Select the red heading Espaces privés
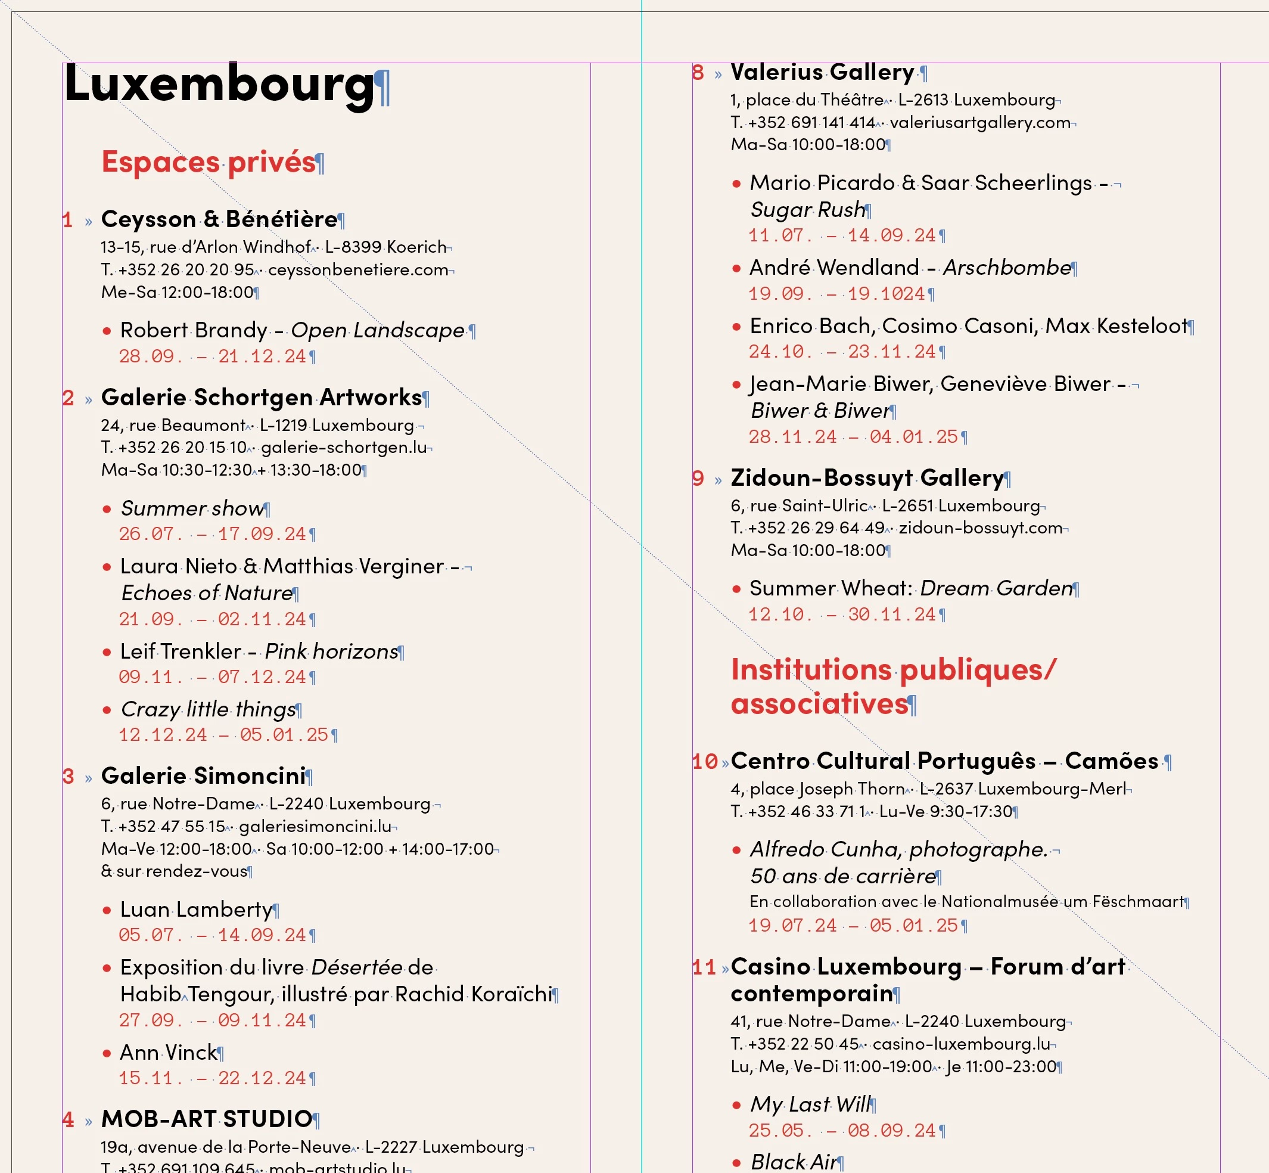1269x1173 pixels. [209, 162]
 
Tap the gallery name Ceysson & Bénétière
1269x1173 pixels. [219, 219]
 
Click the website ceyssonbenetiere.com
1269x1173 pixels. [358, 270]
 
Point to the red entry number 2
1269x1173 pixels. [69, 399]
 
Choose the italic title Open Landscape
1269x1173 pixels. [378, 331]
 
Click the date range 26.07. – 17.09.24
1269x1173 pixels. [213, 535]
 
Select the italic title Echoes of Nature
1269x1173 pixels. [207, 594]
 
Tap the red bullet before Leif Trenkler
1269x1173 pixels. [107, 653]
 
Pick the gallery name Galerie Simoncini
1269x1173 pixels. [203, 776]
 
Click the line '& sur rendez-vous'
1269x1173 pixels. [174, 871]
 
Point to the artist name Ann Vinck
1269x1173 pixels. [168, 1053]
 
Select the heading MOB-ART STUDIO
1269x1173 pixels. [206, 1119]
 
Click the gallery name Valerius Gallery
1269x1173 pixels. [822, 72]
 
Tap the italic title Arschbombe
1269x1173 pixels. [1007, 268]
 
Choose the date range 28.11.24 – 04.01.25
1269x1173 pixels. [853, 437]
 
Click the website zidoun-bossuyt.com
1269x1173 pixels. [980, 528]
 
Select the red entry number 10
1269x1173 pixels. [704, 762]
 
